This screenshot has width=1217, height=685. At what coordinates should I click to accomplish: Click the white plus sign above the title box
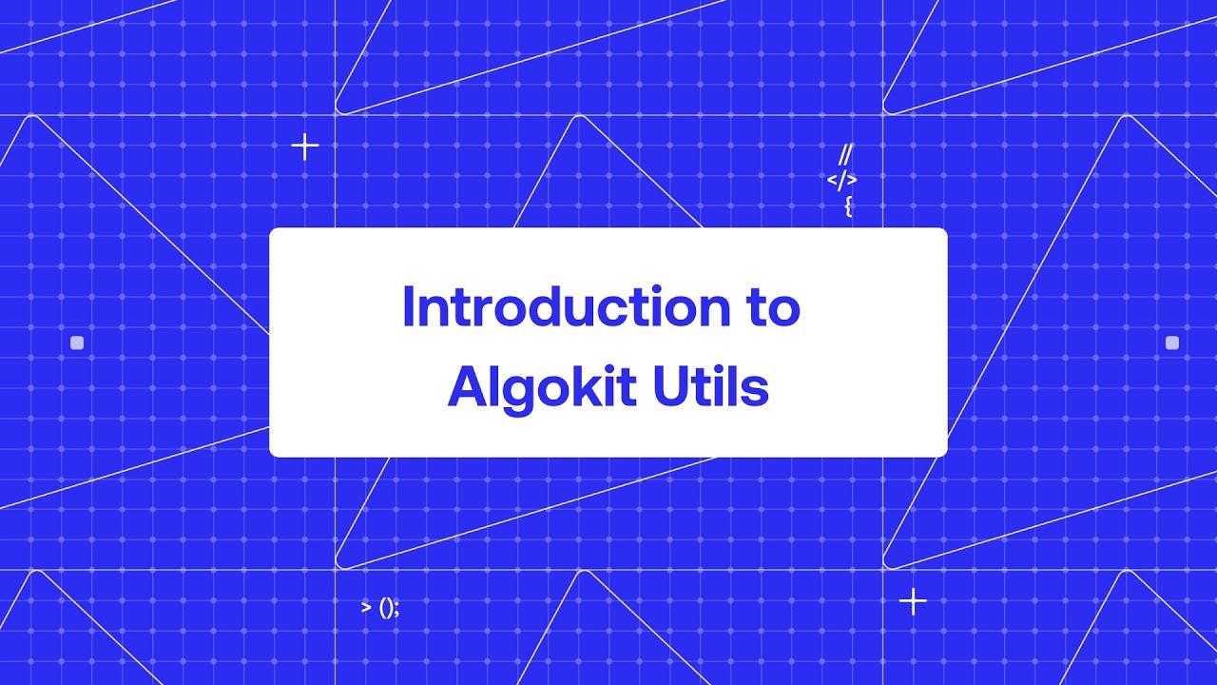(304, 147)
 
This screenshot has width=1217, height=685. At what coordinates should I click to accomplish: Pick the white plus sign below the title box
(913, 601)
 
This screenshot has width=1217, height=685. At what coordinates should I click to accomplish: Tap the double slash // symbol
(843, 155)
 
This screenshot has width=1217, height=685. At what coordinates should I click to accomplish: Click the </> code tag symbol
(842, 179)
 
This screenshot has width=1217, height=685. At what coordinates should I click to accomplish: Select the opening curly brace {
(847, 205)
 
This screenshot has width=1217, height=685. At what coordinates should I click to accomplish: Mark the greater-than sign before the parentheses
(366, 607)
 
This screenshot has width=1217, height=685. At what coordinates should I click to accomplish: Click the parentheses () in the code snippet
(386, 607)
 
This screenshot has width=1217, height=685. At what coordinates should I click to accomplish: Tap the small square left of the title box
(78, 342)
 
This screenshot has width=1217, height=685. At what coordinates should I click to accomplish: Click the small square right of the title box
(1171, 342)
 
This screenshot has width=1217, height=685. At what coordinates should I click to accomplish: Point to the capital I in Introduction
(409, 306)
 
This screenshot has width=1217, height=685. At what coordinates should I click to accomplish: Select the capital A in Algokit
(467, 386)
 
